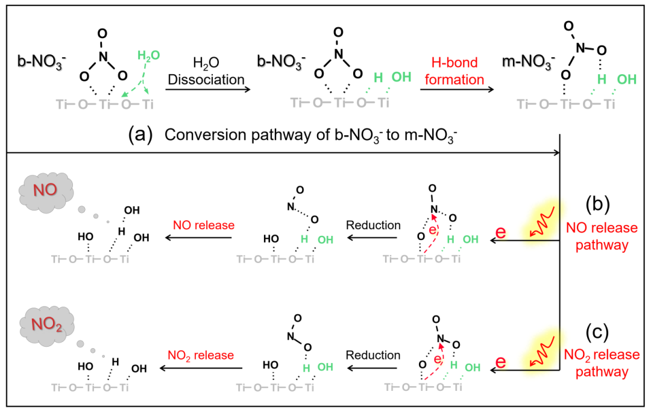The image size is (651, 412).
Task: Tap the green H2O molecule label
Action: coord(149,55)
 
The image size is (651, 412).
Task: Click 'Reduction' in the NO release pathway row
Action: coord(373,226)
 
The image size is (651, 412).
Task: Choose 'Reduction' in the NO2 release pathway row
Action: coord(373,355)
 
